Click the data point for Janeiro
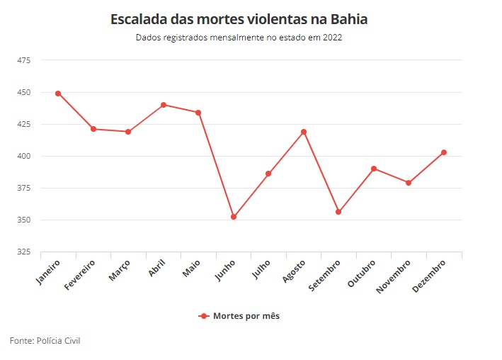click(x=58, y=94)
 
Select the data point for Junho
click(x=233, y=217)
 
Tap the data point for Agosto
click(x=303, y=132)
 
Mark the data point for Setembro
click(x=338, y=212)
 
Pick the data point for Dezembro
click(x=444, y=152)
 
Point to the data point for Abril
click(x=163, y=105)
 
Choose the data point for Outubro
click(x=374, y=169)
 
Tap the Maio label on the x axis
click(x=192, y=268)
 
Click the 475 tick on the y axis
click(x=24, y=60)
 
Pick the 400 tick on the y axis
click(x=24, y=156)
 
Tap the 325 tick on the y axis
click(x=24, y=252)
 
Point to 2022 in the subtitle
click(x=331, y=38)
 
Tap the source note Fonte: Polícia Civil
click(x=45, y=341)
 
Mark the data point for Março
click(x=128, y=132)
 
